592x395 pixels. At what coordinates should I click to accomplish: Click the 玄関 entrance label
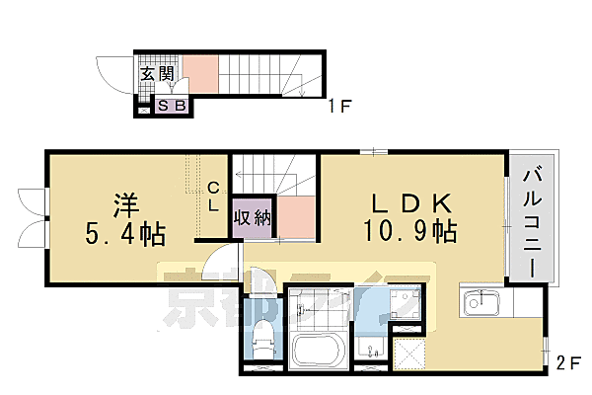(152, 73)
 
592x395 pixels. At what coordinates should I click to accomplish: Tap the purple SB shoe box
(174, 106)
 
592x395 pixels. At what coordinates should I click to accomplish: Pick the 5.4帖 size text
(125, 235)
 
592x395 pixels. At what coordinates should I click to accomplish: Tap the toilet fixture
(262, 341)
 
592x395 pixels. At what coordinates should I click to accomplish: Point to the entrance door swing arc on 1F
(123, 74)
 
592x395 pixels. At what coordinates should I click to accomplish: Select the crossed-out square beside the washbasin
(408, 353)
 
